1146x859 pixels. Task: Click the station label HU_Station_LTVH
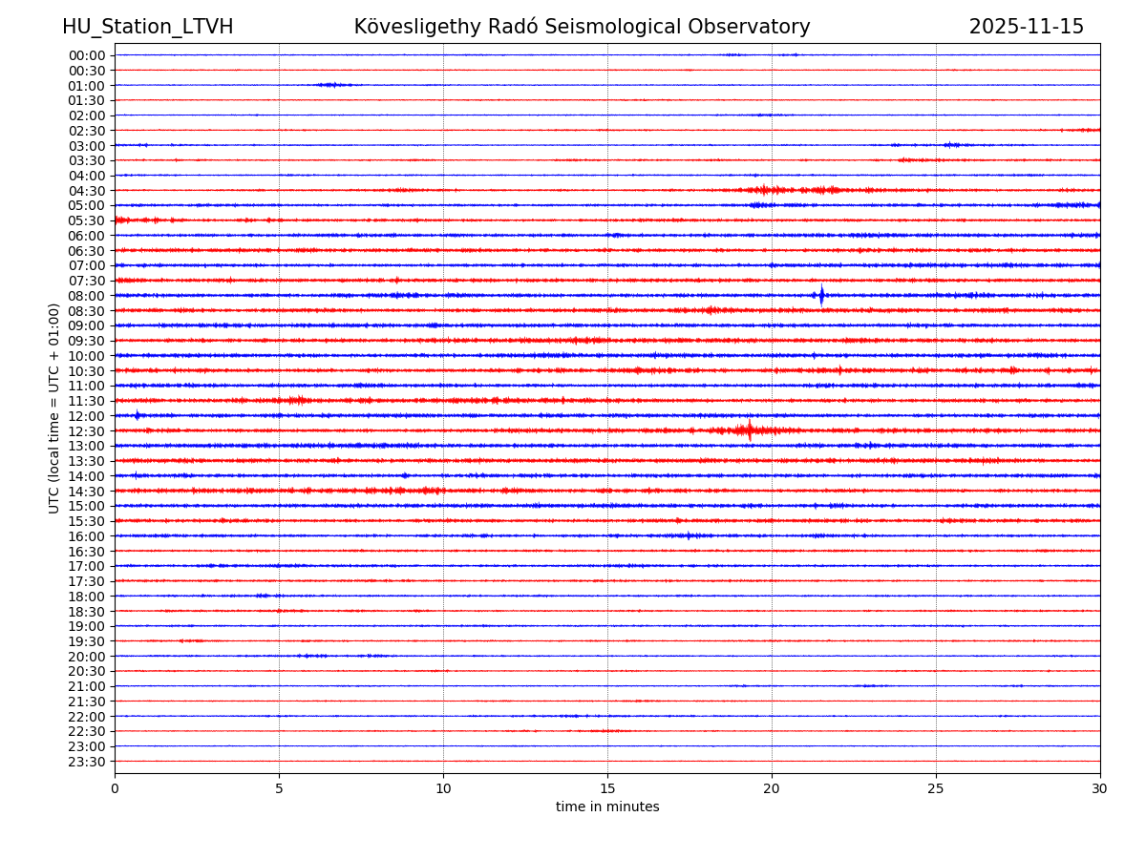click(147, 27)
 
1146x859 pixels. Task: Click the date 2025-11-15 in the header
click(1026, 27)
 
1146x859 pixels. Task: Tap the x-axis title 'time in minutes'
click(607, 807)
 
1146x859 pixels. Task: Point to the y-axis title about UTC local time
click(54, 408)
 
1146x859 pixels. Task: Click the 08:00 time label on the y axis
click(87, 296)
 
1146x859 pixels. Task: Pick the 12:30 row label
click(87, 431)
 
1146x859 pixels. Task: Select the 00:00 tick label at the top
click(87, 55)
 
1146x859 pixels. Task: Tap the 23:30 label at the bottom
click(87, 762)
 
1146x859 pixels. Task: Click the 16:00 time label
click(87, 536)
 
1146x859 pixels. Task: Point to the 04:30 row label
click(87, 191)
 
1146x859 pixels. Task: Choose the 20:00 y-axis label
click(87, 657)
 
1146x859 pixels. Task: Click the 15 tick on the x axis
click(607, 788)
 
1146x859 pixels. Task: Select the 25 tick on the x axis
click(936, 788)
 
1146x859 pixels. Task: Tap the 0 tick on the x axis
click(115, 788)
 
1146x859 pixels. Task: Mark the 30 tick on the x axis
click(1100, 788)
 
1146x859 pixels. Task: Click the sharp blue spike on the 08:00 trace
click(821, 295)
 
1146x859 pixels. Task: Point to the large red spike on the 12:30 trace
click(750, 430)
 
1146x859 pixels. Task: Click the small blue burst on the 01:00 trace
click(330, 85)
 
